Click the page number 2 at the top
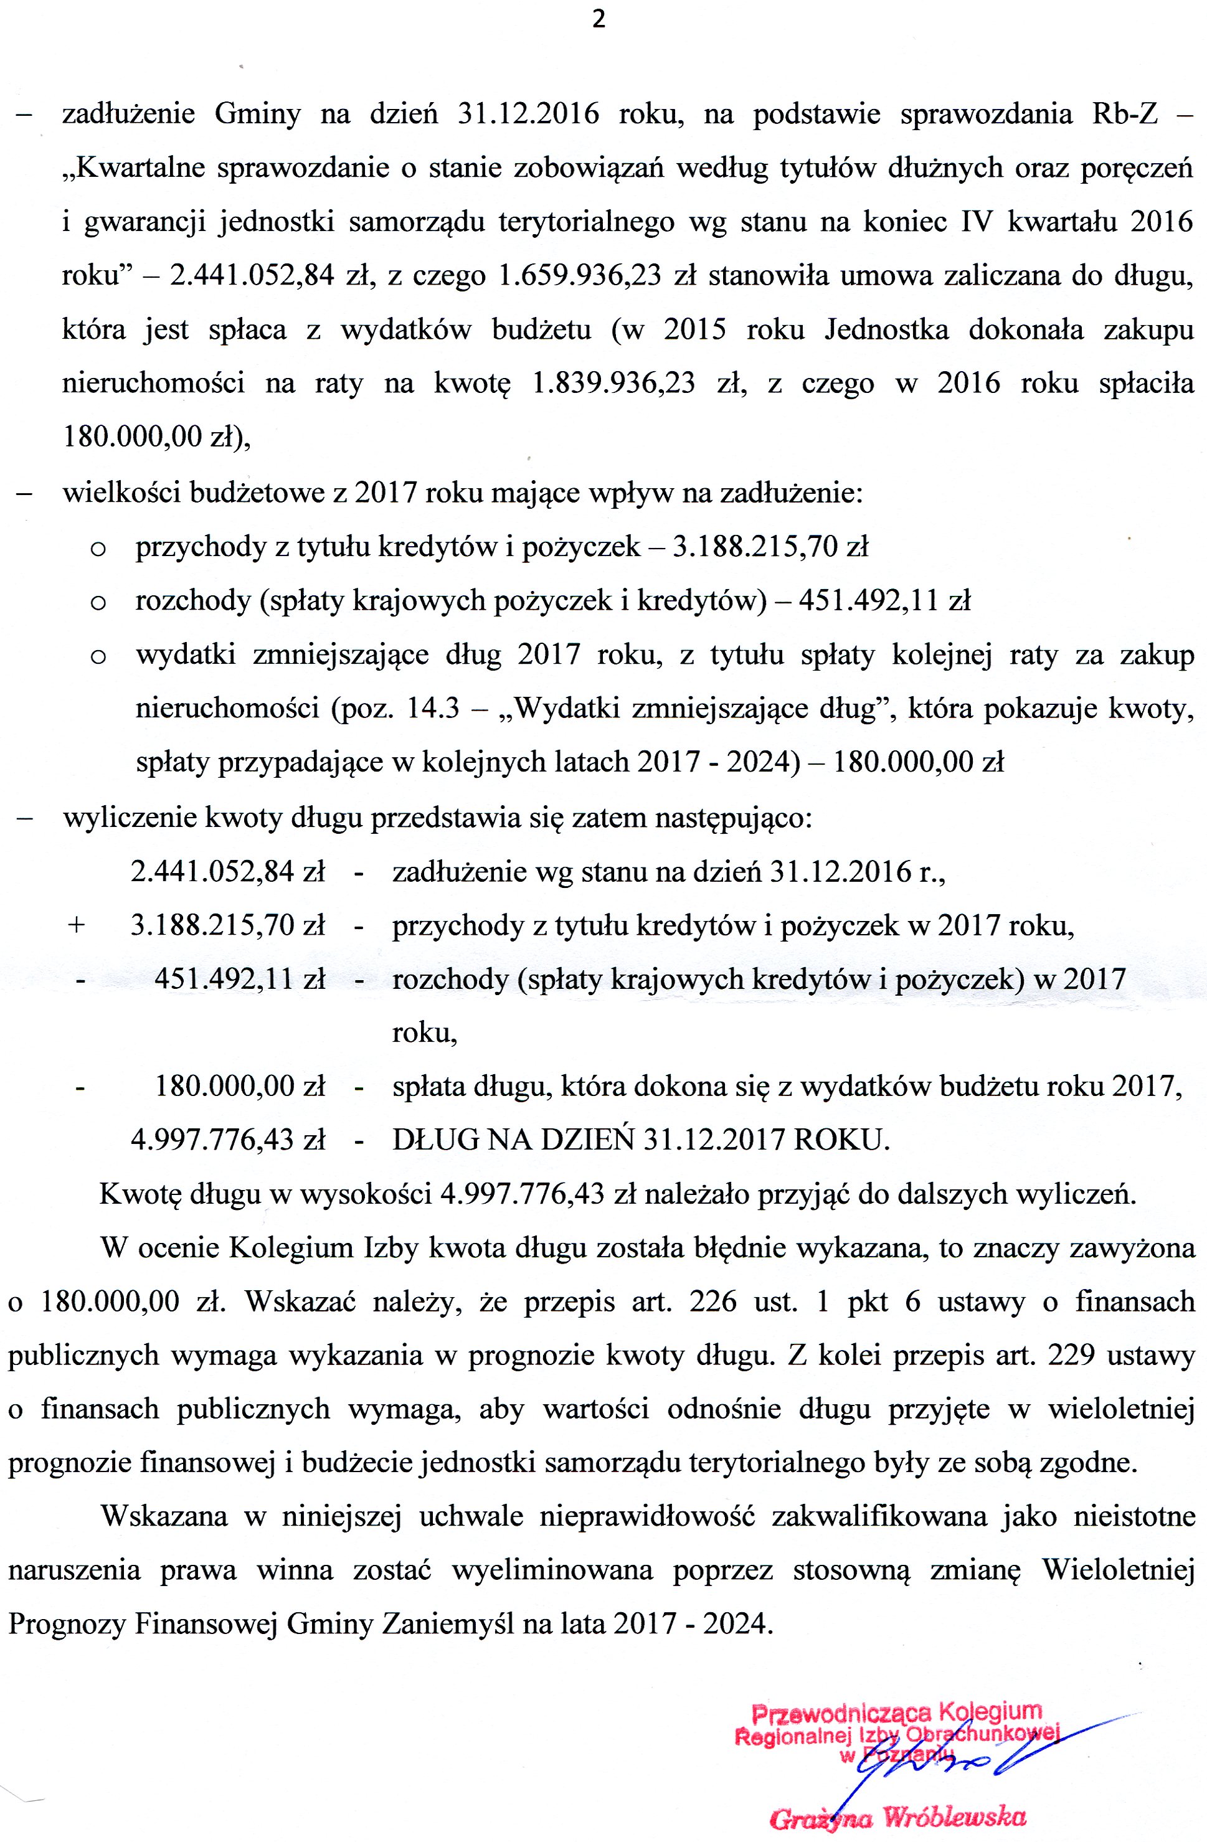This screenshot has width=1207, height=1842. [x=599, y=20]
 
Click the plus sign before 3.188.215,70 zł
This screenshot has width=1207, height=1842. [x=77, y=925]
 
